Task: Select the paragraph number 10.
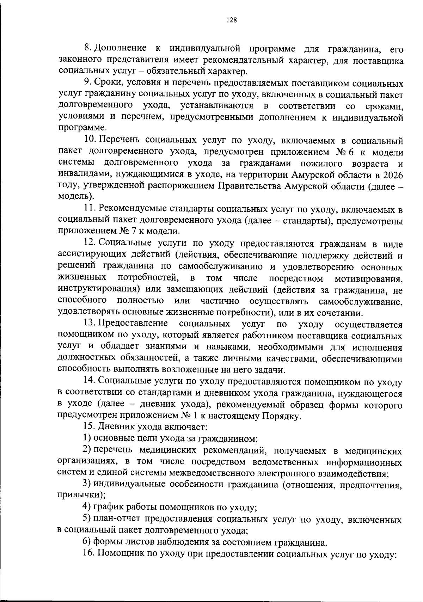pos(90,141)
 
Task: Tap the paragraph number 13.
pos(90,323)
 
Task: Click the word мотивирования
pos(369,279)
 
